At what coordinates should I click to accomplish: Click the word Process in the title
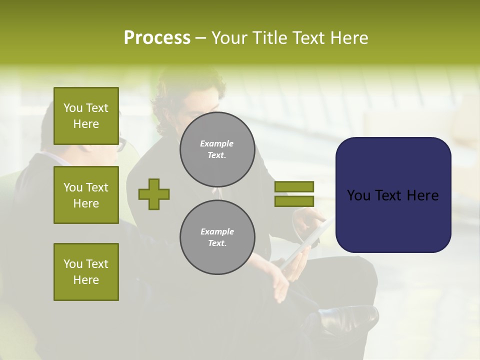(157, 38)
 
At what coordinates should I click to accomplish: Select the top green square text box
(86, 116)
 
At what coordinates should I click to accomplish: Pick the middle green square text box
(86, 195)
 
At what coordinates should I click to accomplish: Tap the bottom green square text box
(86, 272)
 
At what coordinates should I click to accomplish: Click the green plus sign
(154, 194)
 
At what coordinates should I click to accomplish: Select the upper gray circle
(217, 149)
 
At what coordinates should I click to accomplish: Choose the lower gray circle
(217, 237)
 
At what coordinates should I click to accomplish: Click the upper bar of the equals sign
(294, 186)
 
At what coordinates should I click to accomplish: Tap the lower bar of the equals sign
(294, 201)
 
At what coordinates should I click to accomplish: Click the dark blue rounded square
(393, 195)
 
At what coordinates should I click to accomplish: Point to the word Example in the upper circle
(216, 143)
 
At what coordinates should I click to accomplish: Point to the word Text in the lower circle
(216, 243)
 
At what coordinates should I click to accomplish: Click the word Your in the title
(229, 38)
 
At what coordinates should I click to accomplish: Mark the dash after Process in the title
(200, 39)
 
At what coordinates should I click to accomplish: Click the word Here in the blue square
(423, 195)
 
